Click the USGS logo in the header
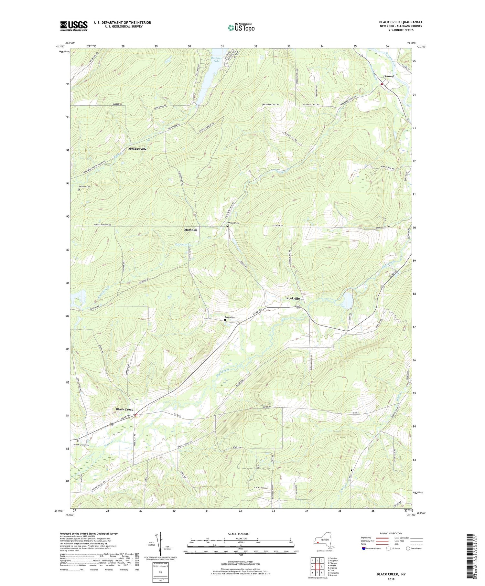point(74,26)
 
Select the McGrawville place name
point(137,149)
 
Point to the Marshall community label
point(190,229)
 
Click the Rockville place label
point(293,298)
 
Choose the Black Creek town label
point(124,410)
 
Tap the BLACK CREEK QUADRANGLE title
point(401,22)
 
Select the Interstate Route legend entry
point(372,549)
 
